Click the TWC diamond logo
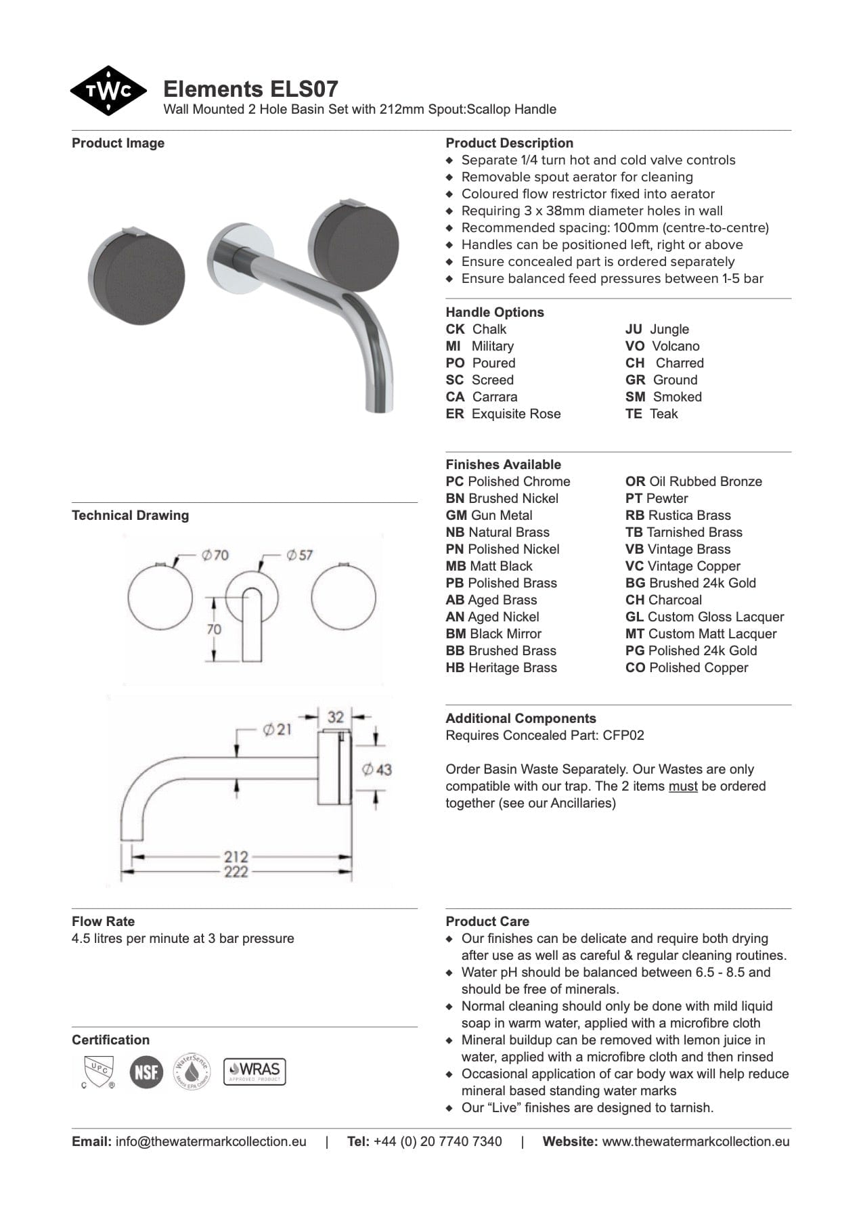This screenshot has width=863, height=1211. pyautogui.click(x=108, y=91)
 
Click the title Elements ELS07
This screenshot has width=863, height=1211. pyautogui.click(x=250, y=89)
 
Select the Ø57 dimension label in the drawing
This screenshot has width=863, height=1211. pyautogui.click(x=298, y=555)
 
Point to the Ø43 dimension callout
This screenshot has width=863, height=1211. pyautogui.click(x=376, y=770)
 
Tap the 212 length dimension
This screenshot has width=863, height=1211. pyautogui.click(x=236, y=856)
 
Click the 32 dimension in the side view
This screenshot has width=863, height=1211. pyautogui.click(x=336, y=716)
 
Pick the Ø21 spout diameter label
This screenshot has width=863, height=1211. pyautogui.click(x=277, y=730)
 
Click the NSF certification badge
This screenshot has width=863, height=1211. pyautogui.click(x=146, y=1072)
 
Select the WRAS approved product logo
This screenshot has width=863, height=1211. pyautogui.click(x=255, y=1072)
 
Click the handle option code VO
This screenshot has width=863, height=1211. pyautogui.click(x=634, y=346)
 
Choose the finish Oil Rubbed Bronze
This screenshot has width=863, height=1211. pyautogui.click(x=694, y=481)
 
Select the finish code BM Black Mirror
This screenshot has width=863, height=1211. pyautogui.click(x=493, y=634)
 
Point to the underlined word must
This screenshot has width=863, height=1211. pyautogui.click(x=683, y=786)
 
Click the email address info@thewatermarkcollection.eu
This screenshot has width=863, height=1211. pyautogui.click(x=211, y=1141)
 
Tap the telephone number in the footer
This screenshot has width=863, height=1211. pyautogui.click(x=437, y=1141)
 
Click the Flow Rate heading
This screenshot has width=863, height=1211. pyautogui.click(x=103, y=921)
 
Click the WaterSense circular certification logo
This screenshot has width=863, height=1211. pyautogui.click(x=192, y=1072)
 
